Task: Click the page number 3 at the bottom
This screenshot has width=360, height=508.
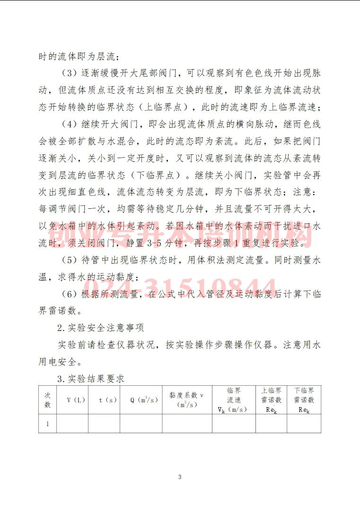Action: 180,477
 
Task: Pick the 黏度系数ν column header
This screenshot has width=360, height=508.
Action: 187,400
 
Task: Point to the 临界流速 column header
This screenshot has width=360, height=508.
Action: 234,400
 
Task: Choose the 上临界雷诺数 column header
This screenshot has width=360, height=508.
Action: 271,400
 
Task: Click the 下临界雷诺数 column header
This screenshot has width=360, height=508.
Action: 304,400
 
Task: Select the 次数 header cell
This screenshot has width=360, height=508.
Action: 47,400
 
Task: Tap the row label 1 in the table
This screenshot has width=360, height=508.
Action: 47,424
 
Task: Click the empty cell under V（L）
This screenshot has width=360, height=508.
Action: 72,424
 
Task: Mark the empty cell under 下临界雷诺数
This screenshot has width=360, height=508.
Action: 304,424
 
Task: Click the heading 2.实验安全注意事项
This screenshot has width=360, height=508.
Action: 101,328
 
